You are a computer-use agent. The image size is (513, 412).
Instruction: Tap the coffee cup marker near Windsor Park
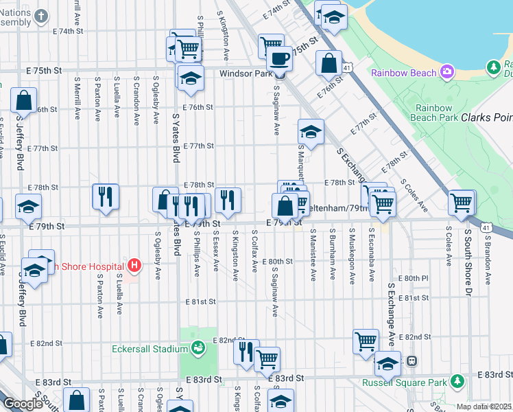[279, 59]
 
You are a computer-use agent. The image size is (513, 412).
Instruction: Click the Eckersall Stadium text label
[150, 348]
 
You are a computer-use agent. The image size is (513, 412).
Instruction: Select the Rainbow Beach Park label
[433, 113]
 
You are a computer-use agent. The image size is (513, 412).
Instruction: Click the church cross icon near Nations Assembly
[42, 16]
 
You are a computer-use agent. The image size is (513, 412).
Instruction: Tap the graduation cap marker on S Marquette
[311, 132]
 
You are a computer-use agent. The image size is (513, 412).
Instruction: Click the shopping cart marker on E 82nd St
[366, 341]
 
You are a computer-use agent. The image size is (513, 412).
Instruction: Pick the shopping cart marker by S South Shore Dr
[462, 203]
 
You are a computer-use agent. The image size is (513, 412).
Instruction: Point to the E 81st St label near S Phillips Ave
[199, 301]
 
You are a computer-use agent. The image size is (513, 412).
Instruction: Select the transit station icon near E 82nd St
[411, 360]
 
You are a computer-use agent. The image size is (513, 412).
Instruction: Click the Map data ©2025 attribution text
[484, 407]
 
